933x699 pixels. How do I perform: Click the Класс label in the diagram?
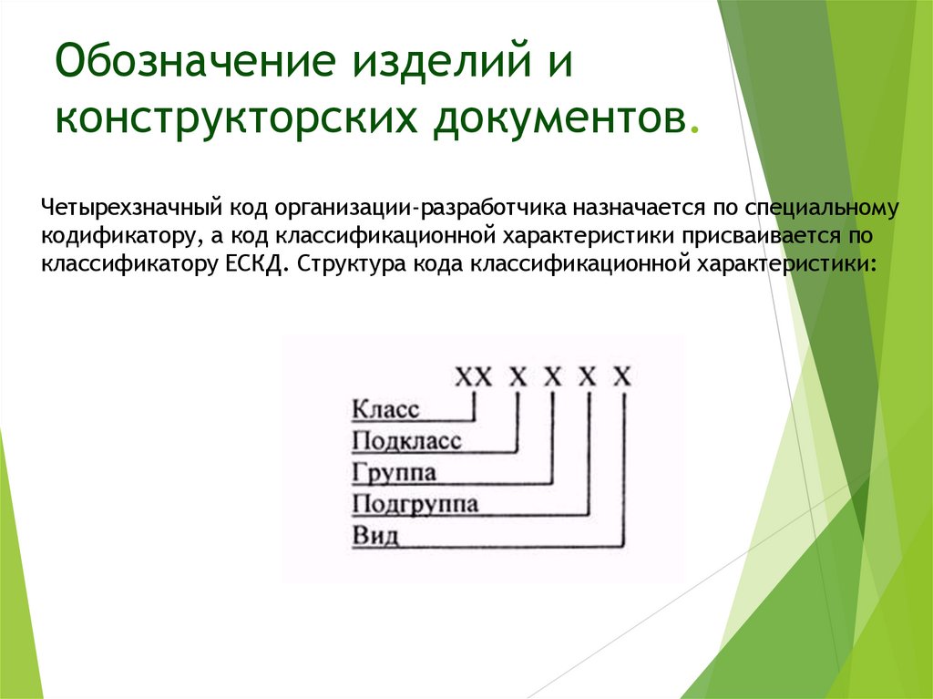[x=385, y=409]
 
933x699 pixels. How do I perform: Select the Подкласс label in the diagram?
[x=406, y=442]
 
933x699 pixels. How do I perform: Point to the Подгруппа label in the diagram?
[x=415, y=504]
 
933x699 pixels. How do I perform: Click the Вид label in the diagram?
[x=375, y=535]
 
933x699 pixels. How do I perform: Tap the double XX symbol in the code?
[x=473, y=375]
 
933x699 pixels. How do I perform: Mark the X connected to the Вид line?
[x=622, y=375]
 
